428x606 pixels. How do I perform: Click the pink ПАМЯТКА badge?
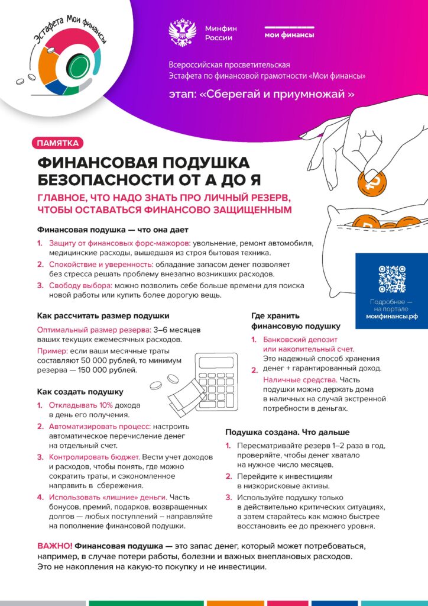point(57,143)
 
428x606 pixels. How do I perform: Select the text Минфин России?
point(219,33)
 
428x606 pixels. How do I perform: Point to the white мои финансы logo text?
point(289,35)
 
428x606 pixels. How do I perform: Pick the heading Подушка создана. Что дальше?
point(287,432)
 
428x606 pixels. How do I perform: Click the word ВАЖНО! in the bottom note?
point(55,544)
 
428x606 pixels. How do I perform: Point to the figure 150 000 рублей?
point(107,370)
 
